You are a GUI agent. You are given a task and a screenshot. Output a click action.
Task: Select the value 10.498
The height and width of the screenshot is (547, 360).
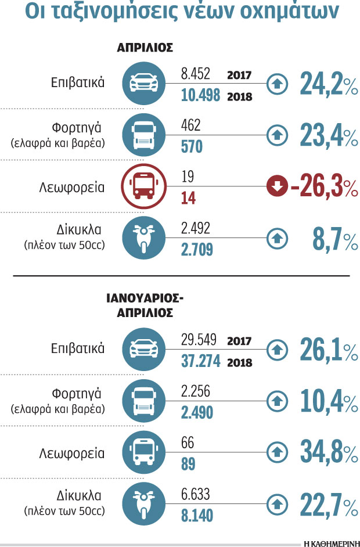click(x=200, y=96)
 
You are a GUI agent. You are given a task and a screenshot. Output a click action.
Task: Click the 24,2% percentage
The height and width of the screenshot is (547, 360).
click(x=328, y=85)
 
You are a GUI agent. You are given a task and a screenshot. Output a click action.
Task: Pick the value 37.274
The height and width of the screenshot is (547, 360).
click(x=200, y=361)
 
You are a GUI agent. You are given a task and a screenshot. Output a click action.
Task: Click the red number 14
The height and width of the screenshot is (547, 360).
click(x=188, y=198)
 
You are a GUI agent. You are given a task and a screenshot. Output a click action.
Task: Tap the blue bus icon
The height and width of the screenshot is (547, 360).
click(x=142, y=452)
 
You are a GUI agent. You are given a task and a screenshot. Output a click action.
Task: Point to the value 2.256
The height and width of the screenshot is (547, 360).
click(x=195, y=391)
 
